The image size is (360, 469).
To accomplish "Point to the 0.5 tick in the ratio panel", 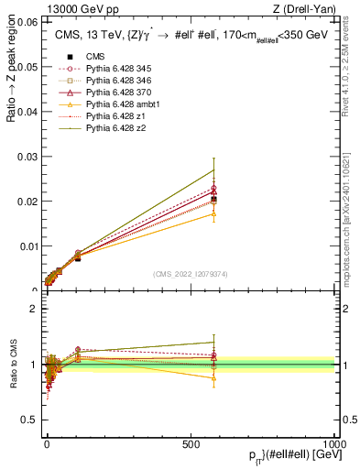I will coord(29,420).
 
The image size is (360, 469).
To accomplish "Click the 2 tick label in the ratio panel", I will coord(33,309).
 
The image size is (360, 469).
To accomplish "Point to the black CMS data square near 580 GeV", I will coord(213,199).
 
